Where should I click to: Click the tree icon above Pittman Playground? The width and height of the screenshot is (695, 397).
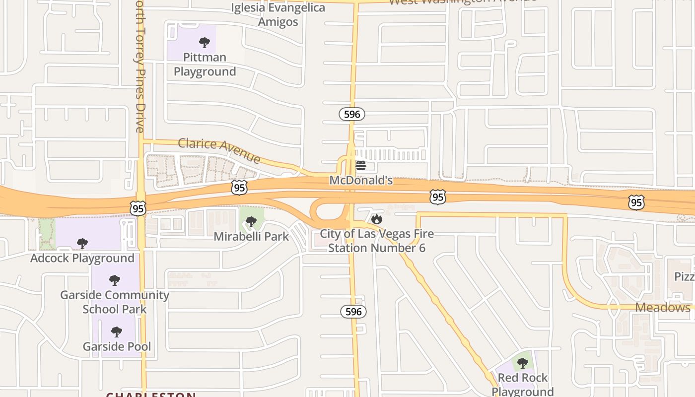pyautogui.click(x=204, y=42)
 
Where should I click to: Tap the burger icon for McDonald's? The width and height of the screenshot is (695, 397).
pyautogui.click(x=361, y=165)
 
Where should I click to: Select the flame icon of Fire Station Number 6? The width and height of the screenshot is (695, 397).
pyautogui.click(x=377, y=218)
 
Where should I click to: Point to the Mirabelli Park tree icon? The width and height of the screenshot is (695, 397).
pyautogui.click(x=251, y=221)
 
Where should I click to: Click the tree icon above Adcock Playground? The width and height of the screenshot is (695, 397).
pyautogui.click(x=82, y=243)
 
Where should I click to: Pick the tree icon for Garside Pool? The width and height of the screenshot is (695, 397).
pyautogui.click(x=117, y=331)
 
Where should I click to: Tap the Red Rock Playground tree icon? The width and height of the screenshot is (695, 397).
pyautogui.click(x=522, y=363)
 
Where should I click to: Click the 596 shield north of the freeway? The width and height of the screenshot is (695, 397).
pyautogui.click(x=352, y=114)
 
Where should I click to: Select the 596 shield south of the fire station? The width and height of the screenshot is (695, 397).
pyautogui.click(x=353, y=312)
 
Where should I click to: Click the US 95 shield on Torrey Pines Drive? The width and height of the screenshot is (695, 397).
pyautogui.click(x=138, y=208)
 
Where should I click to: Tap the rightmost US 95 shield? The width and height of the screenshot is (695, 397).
pyautogui.click(x=636, y=202)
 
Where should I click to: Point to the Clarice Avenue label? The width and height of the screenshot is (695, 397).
pyautogui.click(x=219, y=150)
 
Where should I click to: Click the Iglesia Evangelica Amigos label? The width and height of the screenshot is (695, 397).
pyautogui.click(x=278, y=15)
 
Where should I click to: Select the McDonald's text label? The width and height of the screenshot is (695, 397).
pyautogui.click(x=361, y=180)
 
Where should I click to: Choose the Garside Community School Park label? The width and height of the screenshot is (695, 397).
pyautogui.click(x=115, y=302)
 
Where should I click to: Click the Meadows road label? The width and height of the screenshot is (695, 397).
pyautogui.click(x=663, y=307)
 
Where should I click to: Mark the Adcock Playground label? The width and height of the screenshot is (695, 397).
pyautogui.click(x=82, y=258)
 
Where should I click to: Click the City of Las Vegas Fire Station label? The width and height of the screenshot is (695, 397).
pyautogui.click(x=377, y=241)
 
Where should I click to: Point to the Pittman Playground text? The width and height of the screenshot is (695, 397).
pyautogui.click(x=205, y=65)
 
